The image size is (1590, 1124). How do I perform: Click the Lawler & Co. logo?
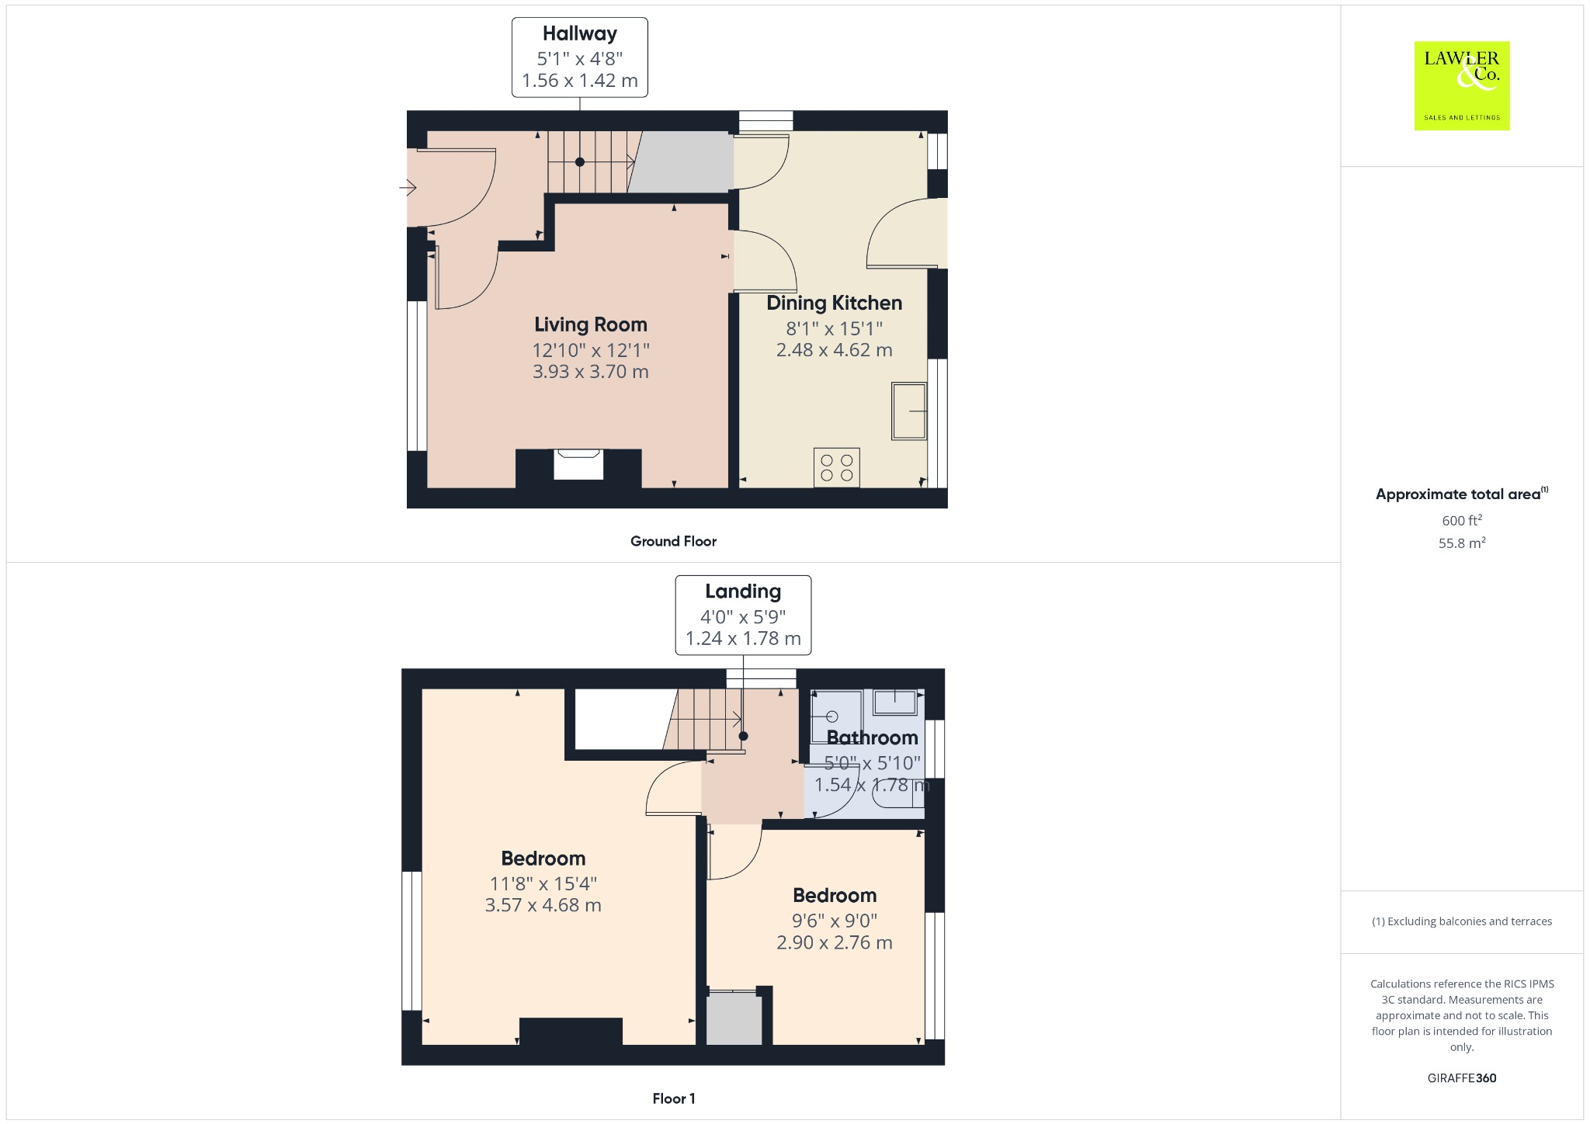point(1461,85)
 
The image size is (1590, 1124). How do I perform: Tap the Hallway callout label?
point(579,57)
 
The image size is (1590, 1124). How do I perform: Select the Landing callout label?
point(743,615)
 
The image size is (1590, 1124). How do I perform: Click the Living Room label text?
point(590,324)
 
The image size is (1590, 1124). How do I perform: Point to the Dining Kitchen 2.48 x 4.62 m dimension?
point(834,350)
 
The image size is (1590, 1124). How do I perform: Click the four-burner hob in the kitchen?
point(836,467)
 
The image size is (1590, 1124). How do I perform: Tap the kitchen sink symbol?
point(908,411)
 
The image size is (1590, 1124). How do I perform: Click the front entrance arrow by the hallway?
point(408,188)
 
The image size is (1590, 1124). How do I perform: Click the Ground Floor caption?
point(673,541)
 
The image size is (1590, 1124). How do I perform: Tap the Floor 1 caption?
point(673,1098)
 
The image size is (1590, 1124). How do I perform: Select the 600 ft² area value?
point(1461,520)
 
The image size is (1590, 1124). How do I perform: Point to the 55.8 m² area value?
point(1461,543)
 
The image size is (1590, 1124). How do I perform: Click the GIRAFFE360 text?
point(1461,1077)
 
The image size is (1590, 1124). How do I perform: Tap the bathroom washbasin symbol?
point(895,702)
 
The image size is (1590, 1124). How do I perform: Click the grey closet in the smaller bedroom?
point(734,1018)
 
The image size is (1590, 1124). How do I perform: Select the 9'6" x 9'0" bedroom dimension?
point(834,921)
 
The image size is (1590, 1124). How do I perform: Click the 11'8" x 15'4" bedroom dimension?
point(543,883)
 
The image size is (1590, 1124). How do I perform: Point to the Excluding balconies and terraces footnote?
point(1461,921)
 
